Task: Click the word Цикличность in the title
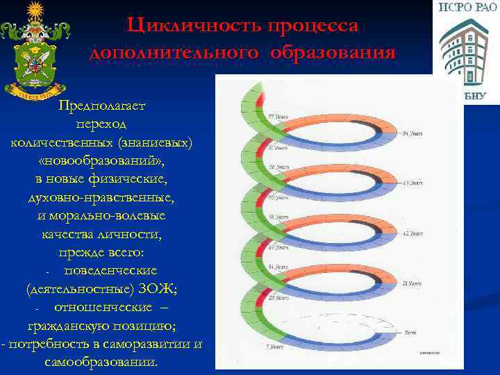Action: (x=184, y=25)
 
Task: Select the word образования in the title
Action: (x=342, y=53)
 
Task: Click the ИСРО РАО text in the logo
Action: (x=467, y=8)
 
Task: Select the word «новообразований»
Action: (x=102, y=160)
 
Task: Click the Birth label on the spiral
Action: (x=411, y=333)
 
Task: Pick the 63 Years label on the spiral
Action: (x=413, y=183)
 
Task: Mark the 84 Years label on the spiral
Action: (x=413, y=133)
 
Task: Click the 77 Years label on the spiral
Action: (x=278, y=117)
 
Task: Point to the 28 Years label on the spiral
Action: (x=278, y=297)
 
